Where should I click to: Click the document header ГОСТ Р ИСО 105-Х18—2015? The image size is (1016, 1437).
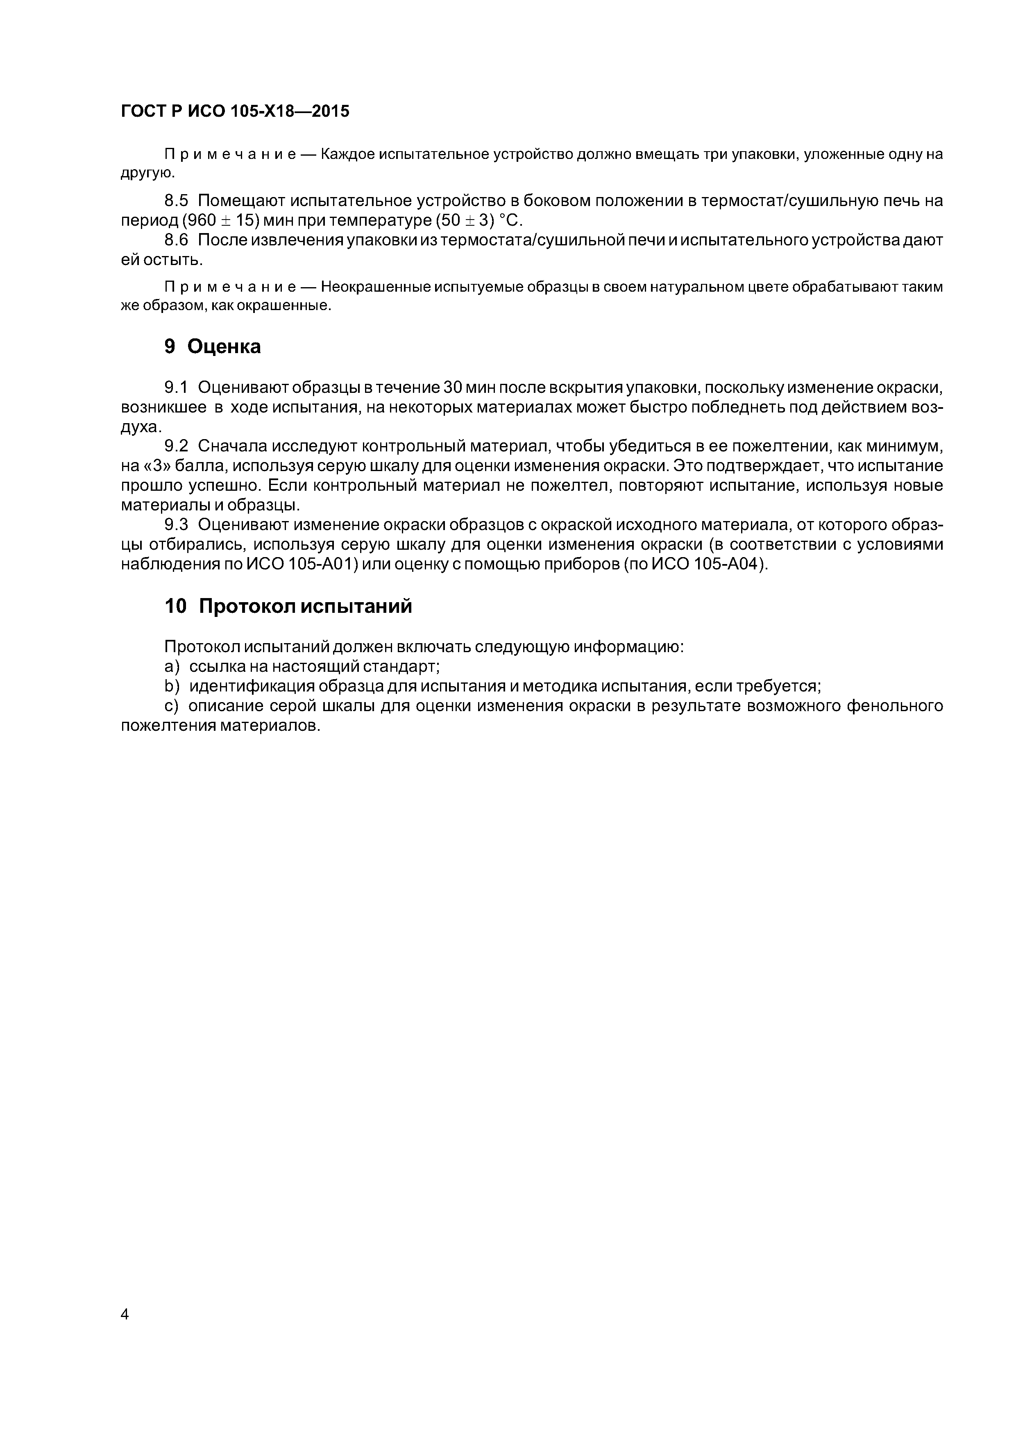tap(235, 112)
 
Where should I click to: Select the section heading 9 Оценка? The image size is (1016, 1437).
tap(212, 346)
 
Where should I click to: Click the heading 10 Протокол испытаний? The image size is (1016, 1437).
tap(288, 606)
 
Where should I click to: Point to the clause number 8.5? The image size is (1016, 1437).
tap(176, 201)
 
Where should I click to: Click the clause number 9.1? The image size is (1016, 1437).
tap(176, 388)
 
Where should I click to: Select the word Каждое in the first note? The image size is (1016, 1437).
tap(348, 154)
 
